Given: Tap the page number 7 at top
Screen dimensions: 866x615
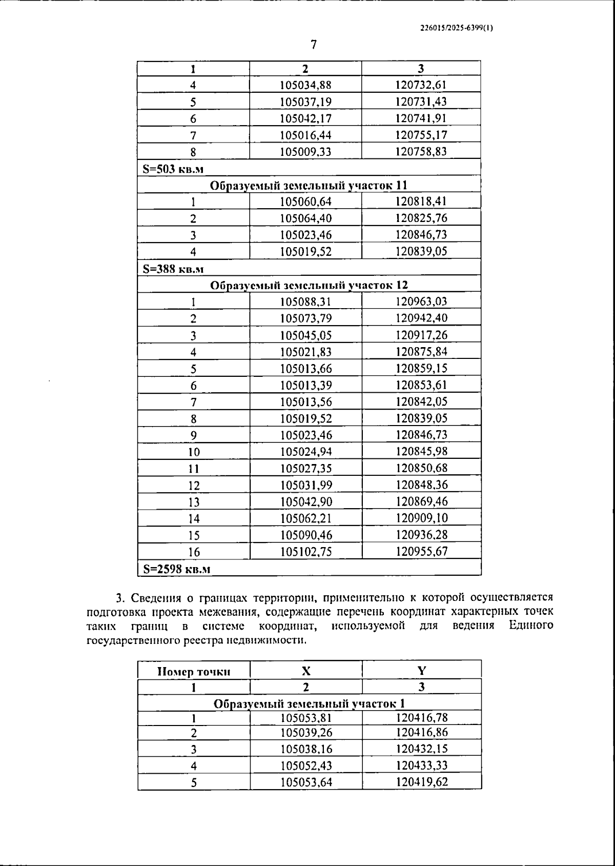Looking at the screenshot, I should pyautogui.click(x=314, y=45).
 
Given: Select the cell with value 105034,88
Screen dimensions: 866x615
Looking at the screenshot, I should pyautogui.click(x=305, y=85).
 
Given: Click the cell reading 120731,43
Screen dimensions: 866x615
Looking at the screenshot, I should pyautogui.click(x=421, y=102).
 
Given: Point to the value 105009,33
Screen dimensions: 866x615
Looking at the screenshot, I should pyautogui.click(x=305, y=152).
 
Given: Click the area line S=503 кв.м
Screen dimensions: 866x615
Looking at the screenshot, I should pyautogui.click(x=174, y=169).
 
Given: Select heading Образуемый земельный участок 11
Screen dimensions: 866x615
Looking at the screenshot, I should pyautogui.click(x=309, y=185).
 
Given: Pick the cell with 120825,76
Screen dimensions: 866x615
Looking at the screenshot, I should pyautogui.click(x=421, y=218).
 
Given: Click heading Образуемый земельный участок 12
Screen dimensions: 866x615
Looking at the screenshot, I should pyautogui.click(x=309, y=285).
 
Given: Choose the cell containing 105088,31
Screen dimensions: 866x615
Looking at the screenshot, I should pyautogui.click(x=305, y=302).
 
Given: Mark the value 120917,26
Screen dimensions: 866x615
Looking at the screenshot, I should pyautogui.click(x=421, y=335).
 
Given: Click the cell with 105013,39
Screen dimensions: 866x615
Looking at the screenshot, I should pyautogui.click(x=305, y=386).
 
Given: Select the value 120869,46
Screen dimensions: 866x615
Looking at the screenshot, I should pyautogui.click(x=421, y=502).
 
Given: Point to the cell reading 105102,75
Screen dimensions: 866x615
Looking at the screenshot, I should pyautogui.click(x=305, y=552).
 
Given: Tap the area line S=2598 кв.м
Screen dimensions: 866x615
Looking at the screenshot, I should pyautogui.click(x=177, y=569).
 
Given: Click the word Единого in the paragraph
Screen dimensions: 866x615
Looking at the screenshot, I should pyautogui.click(x=531, y=626).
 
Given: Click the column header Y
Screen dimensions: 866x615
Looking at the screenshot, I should pyautogui.click(x=421, y=671).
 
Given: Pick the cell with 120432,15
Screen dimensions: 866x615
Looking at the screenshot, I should pyautogui.click(x=421, y=749).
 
